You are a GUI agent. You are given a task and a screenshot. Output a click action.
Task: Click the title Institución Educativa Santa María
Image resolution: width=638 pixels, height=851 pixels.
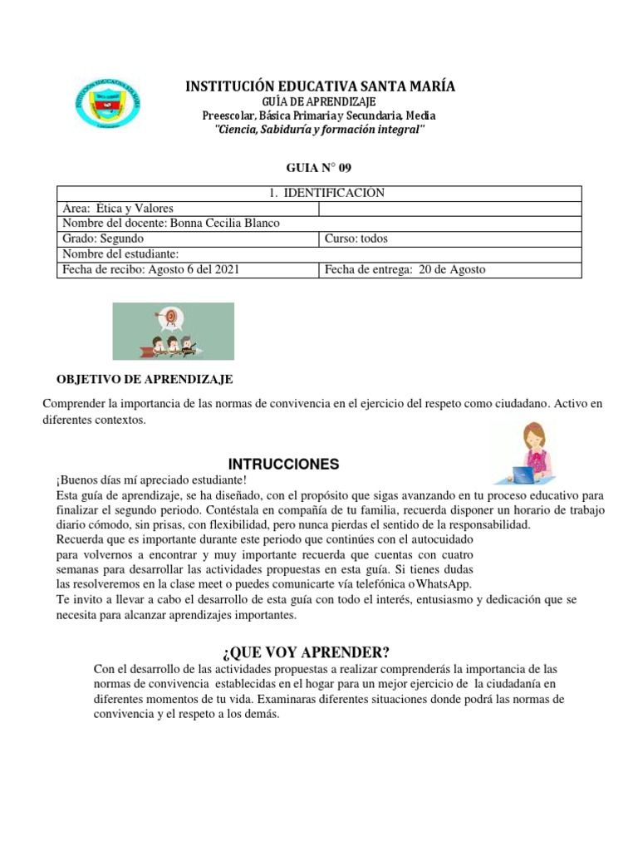(319, 86)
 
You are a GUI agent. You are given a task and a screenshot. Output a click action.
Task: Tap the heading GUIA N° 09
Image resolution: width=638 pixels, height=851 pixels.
(319, 167)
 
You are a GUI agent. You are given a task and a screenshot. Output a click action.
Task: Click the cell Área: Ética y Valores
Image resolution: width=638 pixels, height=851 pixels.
(118, 209)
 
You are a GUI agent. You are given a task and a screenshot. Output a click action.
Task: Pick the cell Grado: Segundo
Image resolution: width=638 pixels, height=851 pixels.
(103, 239)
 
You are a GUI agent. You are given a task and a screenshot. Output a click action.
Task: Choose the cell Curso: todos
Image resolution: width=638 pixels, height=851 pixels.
(356, 239)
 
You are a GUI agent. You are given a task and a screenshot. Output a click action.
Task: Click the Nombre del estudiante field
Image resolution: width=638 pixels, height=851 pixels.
(120, 254)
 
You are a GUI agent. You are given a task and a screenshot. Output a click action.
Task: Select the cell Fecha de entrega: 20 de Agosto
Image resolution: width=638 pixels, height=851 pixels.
(405, 269)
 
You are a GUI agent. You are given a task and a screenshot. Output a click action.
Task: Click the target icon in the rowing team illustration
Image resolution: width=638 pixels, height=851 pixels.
(171, 316)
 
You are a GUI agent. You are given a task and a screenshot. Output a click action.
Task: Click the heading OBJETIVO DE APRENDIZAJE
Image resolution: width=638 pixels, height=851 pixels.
(145, 379)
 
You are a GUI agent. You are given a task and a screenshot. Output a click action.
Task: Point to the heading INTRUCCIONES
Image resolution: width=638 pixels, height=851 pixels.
(283, 464)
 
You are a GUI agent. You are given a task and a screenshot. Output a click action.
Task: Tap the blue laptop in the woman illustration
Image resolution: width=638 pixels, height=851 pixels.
(523, 475)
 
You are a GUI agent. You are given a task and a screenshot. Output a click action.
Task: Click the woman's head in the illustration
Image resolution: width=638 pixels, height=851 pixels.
(532, 435)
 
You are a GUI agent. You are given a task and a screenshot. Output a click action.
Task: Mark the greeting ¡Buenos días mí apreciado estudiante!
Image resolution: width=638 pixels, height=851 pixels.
(151, 480)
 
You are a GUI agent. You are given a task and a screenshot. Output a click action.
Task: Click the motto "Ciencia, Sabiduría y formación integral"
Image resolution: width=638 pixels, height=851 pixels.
(319, 130)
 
